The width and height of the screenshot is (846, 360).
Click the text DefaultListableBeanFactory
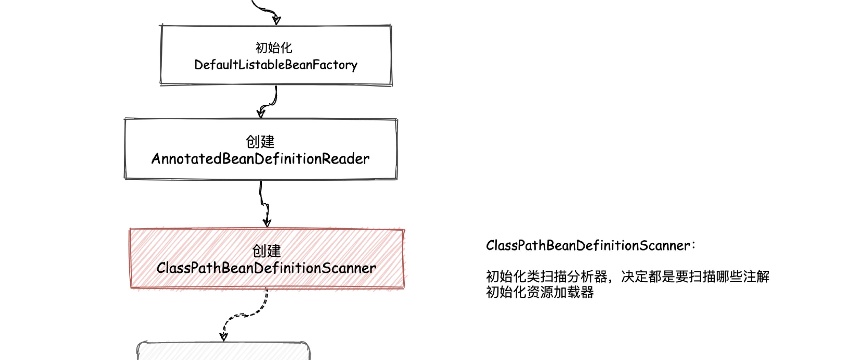tap(276, 65)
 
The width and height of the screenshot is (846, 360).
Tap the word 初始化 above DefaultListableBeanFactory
tap(274, 48)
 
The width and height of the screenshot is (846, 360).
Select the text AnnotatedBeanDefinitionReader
tap(261, 159)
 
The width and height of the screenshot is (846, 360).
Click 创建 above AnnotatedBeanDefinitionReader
tap(260, 142)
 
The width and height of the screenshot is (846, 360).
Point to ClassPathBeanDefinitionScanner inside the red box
tap(266, 268)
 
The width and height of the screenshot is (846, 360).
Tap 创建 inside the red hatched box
tap(266, 251)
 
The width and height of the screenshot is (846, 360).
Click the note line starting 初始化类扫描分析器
tap(627, 277)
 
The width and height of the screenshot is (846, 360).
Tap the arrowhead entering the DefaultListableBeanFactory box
tap(277, 20)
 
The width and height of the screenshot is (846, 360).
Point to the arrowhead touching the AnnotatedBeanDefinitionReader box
tap(261, 113)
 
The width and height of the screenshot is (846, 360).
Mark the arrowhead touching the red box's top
tap(267, 223)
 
